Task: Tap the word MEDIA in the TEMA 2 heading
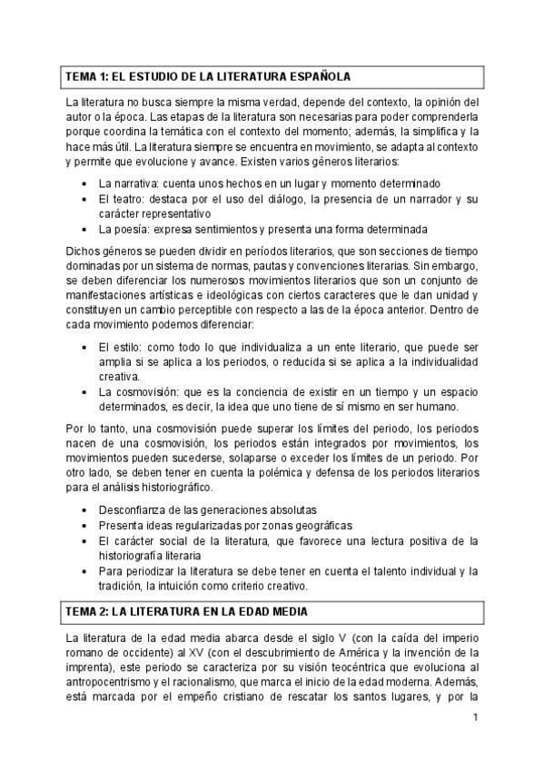283,611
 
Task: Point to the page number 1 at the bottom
475,718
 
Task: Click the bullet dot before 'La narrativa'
84,183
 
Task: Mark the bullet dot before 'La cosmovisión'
84,391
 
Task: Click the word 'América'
363,653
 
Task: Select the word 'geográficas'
319,526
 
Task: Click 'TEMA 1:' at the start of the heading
87,76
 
